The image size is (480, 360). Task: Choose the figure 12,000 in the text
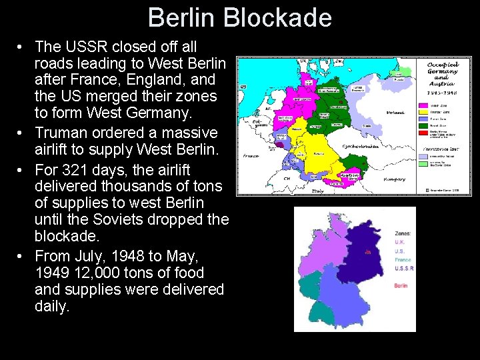96,273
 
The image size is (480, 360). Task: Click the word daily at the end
51,307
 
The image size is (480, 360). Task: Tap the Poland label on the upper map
395,113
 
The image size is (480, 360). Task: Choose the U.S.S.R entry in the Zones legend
404,269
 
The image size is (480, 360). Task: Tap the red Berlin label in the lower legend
401,285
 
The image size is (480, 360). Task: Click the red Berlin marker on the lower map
368,252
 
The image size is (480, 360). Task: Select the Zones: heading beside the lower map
403,233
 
